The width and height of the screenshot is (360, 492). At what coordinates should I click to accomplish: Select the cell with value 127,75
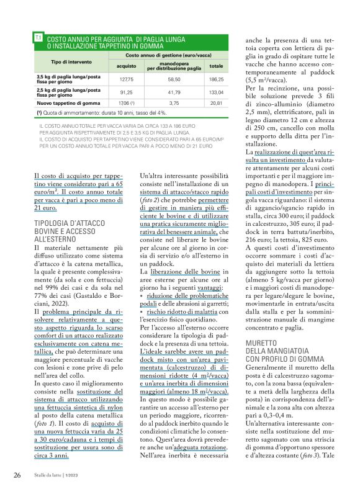(x=127, y=79)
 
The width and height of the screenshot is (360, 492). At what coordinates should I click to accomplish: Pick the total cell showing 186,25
(x=216, y=79)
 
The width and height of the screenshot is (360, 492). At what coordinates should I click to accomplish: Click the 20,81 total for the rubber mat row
(x=216, y=103)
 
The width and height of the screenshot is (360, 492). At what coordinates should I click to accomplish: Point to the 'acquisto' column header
(x=127, y=66)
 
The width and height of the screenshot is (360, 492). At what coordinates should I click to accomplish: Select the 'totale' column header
(x=216, y=66)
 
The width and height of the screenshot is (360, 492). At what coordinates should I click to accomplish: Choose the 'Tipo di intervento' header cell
(x=71, y=62)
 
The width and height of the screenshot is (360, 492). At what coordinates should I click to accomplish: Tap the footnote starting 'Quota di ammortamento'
(x=106, y=113)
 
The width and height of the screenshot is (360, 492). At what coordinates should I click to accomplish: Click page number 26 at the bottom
(x=18, y=475)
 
